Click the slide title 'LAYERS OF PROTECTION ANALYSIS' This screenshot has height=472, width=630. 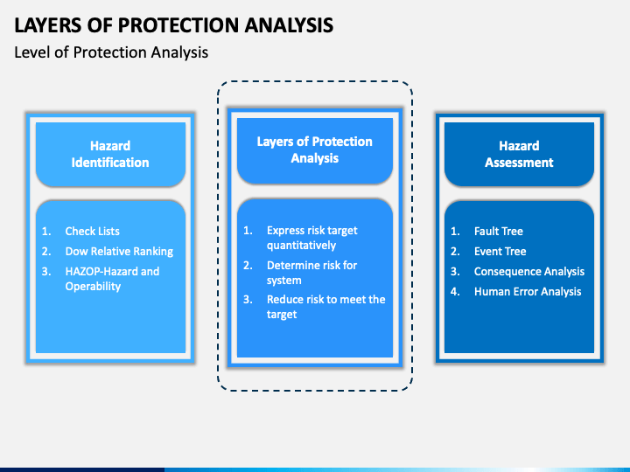[x=173, y=24]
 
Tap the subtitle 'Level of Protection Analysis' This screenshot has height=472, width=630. [x=111, y=52]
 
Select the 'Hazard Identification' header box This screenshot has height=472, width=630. [x=110, y=154]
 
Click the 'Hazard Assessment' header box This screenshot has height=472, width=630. [x=519, y=154]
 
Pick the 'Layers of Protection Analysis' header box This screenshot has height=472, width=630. [x=315, y=150]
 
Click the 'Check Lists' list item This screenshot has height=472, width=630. [x=93, y=231]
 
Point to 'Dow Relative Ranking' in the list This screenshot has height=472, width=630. [x=119, y=251]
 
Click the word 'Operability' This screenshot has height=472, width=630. [x=93, y=287]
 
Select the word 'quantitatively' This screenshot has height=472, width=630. [x=301, y=246]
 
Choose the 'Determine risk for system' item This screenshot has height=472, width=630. [x=311, y=273]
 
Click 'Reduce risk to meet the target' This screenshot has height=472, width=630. [x=325, y=307]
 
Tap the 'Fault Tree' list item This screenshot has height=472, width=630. [x=499, y=231]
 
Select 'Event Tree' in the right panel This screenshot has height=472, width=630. [x=500, y=251]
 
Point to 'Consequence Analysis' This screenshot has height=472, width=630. [x=529, y=271]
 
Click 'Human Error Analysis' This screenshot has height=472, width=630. [x=528, y=291]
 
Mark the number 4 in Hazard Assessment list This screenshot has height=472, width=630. [x=455, y=291]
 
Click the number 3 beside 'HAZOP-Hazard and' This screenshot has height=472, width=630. [x=46, y=271]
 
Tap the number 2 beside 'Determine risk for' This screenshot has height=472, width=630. [x=248, y=266]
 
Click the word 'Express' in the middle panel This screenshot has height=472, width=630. [x=285, y=231]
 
